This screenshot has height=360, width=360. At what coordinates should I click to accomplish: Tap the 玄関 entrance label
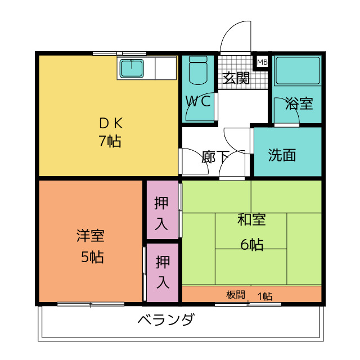click(236, 78)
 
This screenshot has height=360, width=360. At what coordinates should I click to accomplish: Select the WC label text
click(199, 101)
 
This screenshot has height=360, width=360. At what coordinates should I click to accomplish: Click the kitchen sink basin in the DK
click(132, 68)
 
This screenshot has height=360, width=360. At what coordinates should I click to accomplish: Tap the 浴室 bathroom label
click(299, 103)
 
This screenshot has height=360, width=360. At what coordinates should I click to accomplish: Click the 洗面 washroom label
click(282, 155)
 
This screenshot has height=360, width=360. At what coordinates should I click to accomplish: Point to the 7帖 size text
click(110, 141)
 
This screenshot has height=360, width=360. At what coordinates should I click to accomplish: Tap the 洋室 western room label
click(91, 237)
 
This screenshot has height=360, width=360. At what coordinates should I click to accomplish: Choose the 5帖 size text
click(91, 257)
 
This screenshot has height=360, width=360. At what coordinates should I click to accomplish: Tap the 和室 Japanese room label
click(251, 220)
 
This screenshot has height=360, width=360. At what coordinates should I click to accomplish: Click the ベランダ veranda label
click(166, 321)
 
